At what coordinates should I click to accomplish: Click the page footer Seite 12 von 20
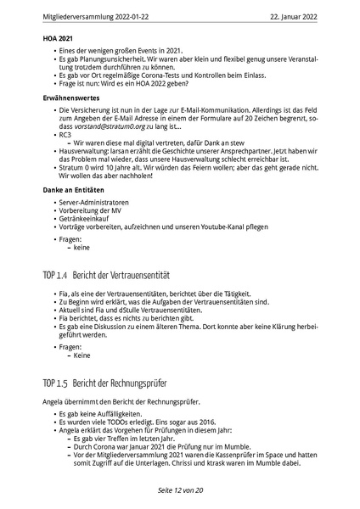pyautogui.click(x=180, y=490)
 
